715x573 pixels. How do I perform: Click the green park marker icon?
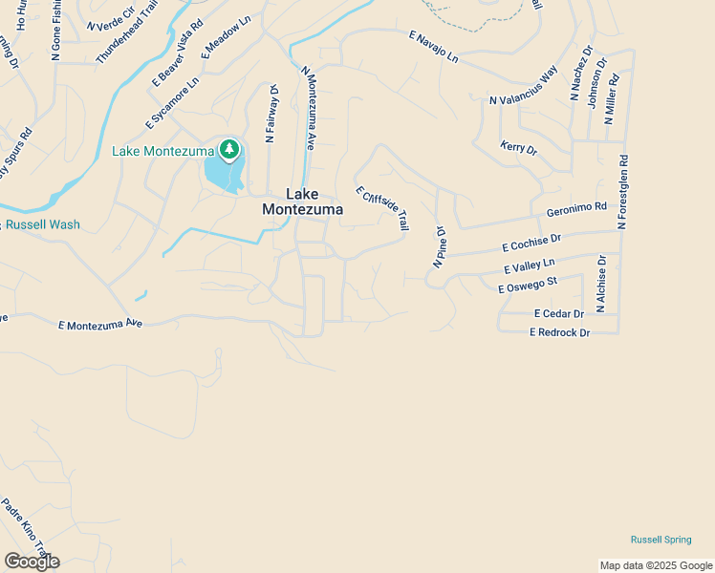coord(228,149)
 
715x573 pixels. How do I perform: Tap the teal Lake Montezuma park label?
coord(163,151)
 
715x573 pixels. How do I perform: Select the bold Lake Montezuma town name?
coord(296,201)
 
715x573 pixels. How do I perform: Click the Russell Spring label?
coord(661,540)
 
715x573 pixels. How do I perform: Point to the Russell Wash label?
coord(43,225)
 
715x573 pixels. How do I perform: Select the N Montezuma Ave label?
coord(309,108)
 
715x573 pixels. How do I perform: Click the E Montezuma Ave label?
coord(99,325)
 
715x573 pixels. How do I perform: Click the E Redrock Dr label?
coord(560,331)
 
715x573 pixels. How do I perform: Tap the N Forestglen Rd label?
coord(622,193)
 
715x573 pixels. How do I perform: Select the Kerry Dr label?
coord(518,148)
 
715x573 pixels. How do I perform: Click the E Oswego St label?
coord(527,284)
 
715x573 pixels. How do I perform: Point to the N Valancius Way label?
coord(523,86)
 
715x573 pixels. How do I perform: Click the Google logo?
coord(32,562)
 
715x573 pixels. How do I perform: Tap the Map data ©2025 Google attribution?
coord(655,565)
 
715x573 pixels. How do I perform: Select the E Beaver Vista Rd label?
coord(178,54)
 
